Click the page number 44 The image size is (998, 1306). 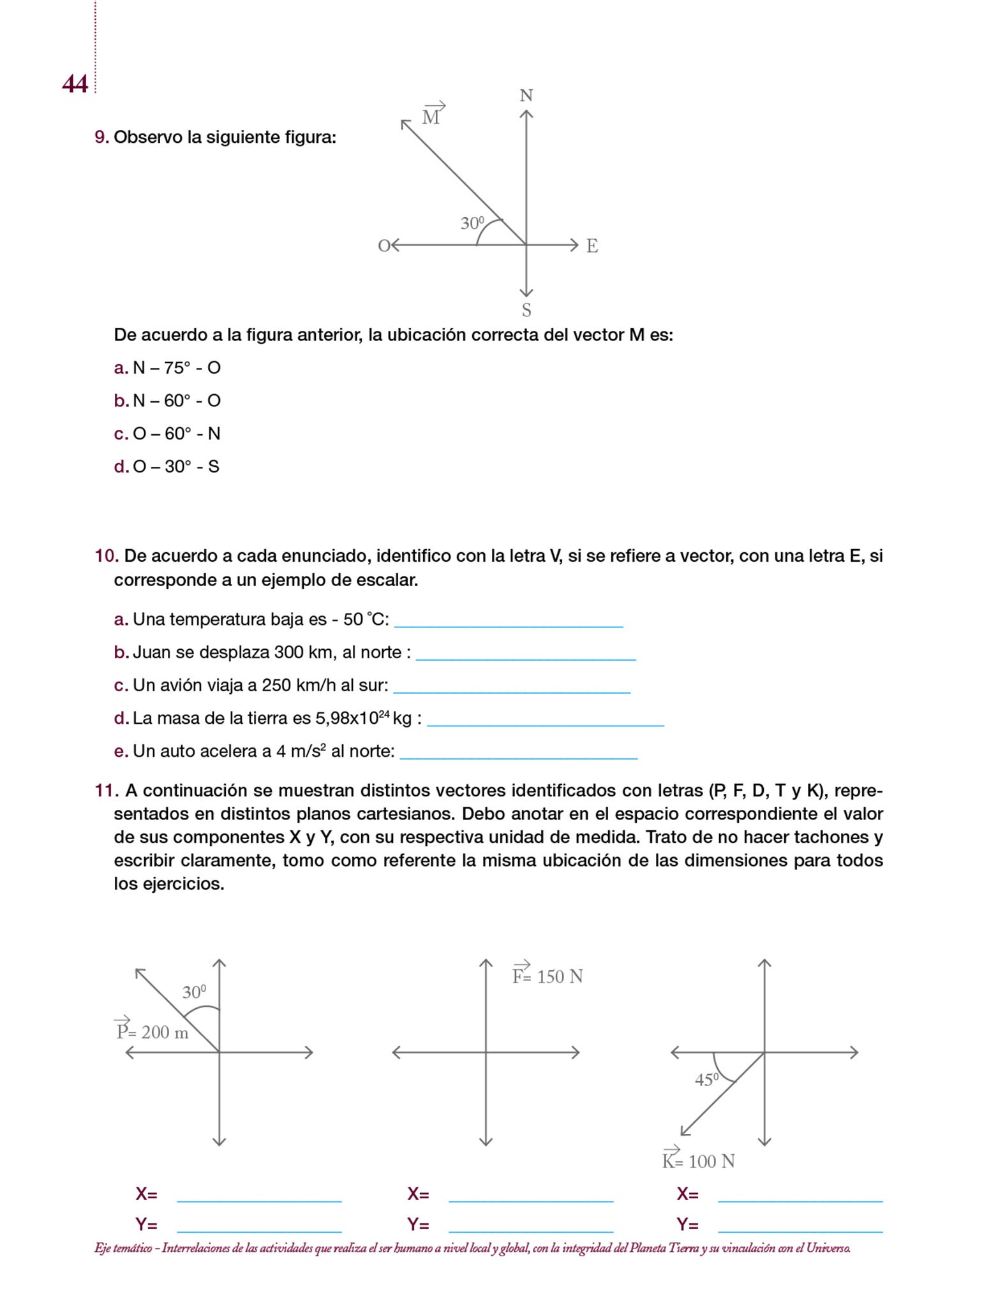(75, 84)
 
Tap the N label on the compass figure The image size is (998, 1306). (526, 96)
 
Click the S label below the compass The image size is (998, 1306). (526, 311)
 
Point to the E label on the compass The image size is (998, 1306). (592, 246)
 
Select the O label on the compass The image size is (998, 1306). (384, 246)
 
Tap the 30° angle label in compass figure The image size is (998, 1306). (472, 223)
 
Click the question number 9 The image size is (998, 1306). (101, 137)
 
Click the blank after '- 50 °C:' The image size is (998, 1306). (508, 622)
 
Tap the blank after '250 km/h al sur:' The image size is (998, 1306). (512, 688)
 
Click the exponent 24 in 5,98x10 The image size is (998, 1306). (384, 714)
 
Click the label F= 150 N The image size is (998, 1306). (547, 976)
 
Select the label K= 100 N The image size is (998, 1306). (698, 1160)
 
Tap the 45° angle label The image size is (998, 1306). (706, 1080)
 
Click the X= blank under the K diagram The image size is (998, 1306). (800, 1196)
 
